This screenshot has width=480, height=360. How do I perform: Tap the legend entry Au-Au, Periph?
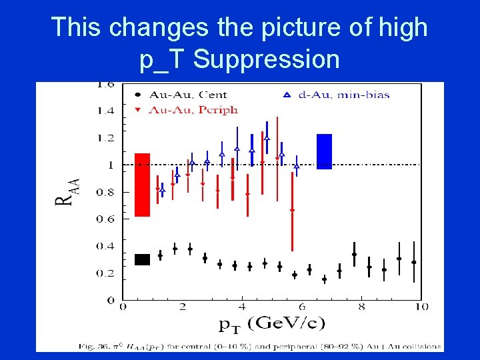click(194, 109)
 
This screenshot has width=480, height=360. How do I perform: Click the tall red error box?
click(142, 185)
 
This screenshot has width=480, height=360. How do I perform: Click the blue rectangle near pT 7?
click(324, 151)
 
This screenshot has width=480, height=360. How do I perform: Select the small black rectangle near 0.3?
click(142, 259)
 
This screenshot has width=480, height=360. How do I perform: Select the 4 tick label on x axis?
click(242, 307)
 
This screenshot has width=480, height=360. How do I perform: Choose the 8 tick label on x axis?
click(361, 307)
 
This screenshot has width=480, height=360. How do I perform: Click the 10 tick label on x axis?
click(421, 307)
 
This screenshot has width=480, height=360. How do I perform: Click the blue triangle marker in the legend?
click(287, 95)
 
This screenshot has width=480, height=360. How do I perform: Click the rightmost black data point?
click(414, 262)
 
